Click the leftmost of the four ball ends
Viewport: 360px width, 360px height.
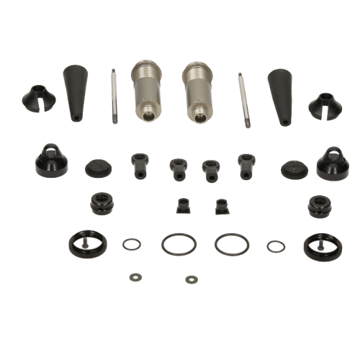pos(137,166)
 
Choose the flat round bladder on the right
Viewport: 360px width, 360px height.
pos(294,171)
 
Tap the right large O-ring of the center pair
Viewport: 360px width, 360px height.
pos(229,244)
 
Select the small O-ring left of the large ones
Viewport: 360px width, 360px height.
pos(131,244)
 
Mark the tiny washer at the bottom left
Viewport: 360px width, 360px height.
pos(134,276)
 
